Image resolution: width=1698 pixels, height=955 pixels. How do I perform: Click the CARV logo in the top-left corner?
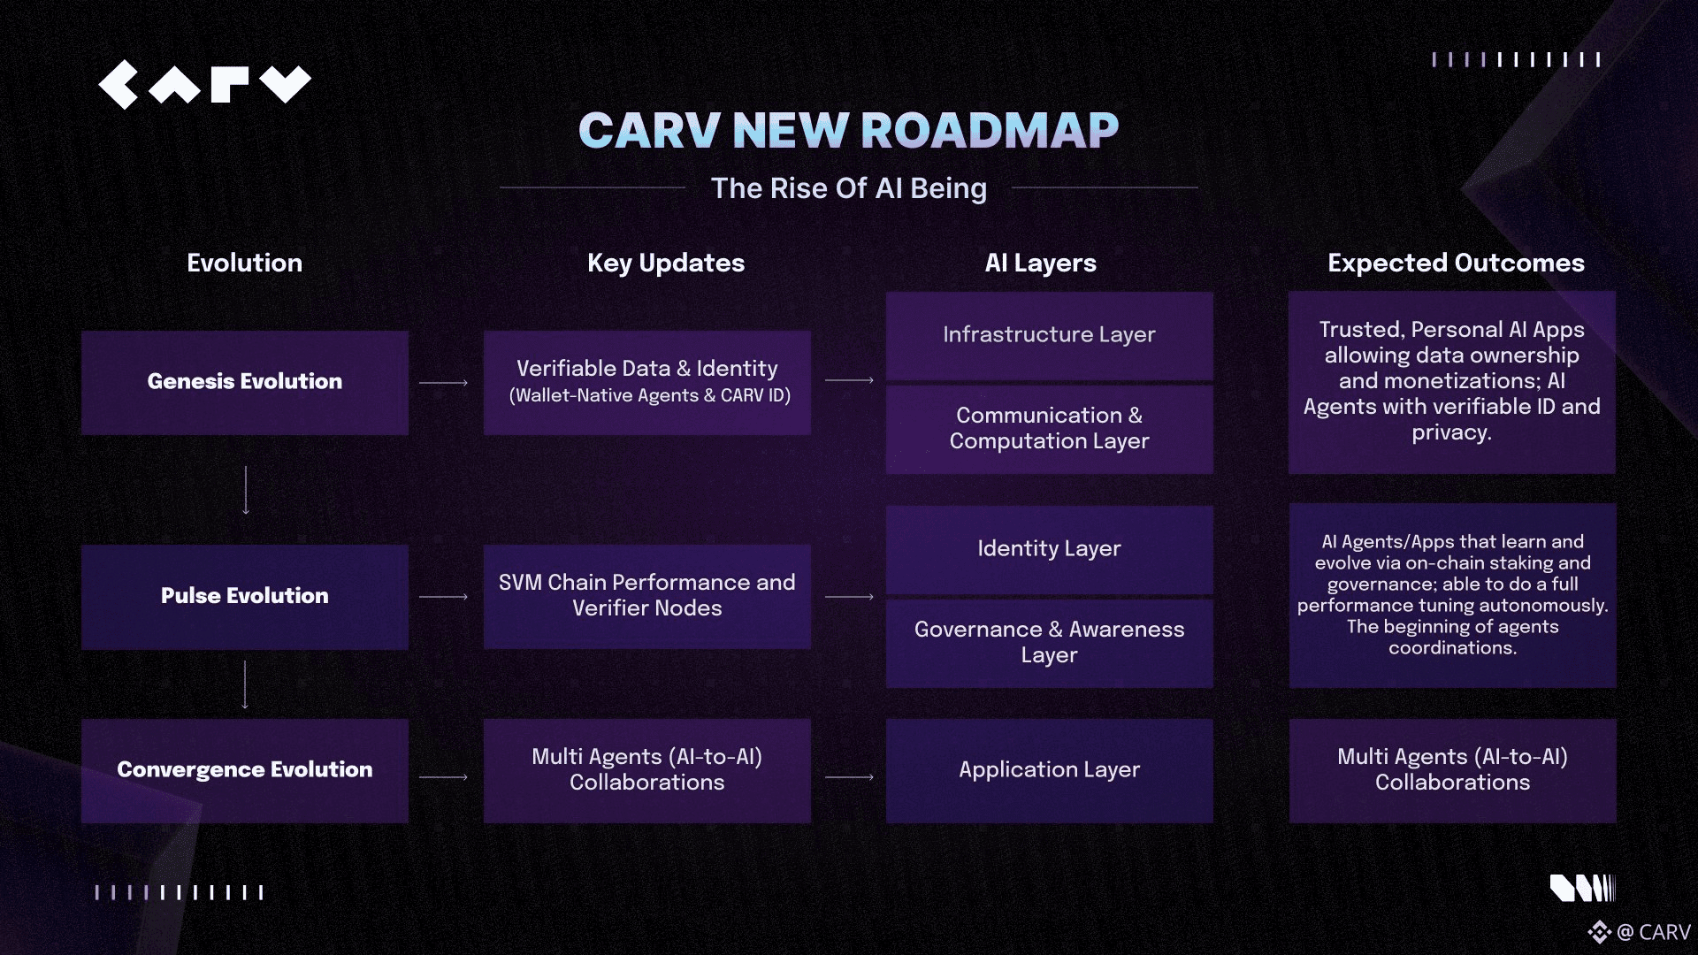204,85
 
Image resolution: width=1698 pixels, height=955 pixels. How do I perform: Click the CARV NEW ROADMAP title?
849,130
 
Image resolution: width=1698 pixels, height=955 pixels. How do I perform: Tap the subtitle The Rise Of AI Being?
849,188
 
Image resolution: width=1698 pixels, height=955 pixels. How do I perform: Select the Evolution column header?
245,263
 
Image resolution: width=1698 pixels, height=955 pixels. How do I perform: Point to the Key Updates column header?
666,263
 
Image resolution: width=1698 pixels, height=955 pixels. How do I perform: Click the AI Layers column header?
1041,263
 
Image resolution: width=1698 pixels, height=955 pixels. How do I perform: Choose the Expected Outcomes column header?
1456,263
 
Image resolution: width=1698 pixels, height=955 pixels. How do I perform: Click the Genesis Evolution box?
245,382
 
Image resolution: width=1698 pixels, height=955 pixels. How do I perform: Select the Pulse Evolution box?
245,597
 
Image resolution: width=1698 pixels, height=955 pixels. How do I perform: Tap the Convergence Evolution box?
245,770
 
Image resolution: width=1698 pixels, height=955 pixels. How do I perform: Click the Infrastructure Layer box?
1050,335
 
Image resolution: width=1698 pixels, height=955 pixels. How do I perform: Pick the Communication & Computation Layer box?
1050,429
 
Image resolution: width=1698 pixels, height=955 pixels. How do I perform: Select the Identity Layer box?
1050,549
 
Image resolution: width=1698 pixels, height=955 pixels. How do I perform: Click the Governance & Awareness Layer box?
1050,643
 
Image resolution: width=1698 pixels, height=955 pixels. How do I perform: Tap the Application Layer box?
1050,770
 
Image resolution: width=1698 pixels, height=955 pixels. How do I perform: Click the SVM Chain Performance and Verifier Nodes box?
647,596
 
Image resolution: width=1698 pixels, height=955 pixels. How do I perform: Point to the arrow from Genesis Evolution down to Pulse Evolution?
246,490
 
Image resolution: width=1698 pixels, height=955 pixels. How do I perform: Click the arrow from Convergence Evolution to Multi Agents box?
443,777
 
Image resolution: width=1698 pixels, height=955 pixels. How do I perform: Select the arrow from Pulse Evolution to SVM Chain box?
443,597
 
